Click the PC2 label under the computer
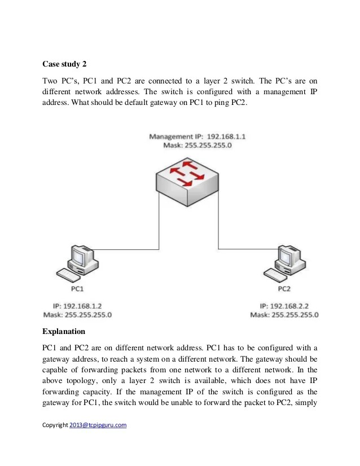[x=284, y=288]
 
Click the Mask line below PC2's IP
[x=284, y=314]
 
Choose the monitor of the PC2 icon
[x=287, y=257]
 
